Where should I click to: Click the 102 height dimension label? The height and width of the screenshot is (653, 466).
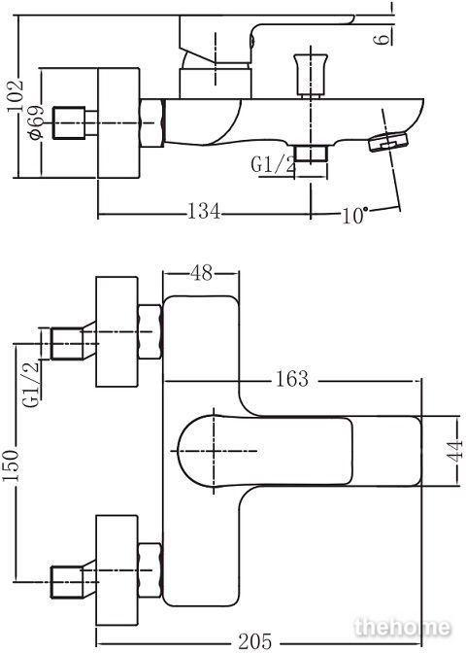[x=16, y=95]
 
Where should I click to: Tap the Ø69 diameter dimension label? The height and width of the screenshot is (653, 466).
[x=36, y=122]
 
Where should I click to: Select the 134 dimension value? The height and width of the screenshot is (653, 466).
[x=204, y=211]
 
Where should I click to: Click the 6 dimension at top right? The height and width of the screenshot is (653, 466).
[x=382, y=40]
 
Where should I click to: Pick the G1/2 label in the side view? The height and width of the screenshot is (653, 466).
[x=274, y=164]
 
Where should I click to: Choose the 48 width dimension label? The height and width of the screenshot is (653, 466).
[x=202, y=273]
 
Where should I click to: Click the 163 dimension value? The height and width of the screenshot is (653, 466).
[x=292, y=379]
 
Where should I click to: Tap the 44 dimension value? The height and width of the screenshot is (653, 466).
[x=454, y=450]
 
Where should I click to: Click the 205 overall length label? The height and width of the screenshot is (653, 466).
[x=255, y=641]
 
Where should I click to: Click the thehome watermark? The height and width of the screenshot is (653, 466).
[x=402, y=628]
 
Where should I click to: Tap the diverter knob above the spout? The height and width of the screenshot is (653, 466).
[x=310, y=75]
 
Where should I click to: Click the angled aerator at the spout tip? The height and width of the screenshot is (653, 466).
[x=388, y=141]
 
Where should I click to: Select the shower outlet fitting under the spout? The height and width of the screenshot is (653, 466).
[x=311, y=154]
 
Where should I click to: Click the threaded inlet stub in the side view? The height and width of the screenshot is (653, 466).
[x=69, y=123]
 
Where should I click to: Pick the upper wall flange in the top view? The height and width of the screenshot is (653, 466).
[x=116, y=332]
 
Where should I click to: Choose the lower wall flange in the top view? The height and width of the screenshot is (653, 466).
[x=116, y=570]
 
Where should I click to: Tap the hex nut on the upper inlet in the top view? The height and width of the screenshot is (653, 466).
[x=150, y=332]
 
